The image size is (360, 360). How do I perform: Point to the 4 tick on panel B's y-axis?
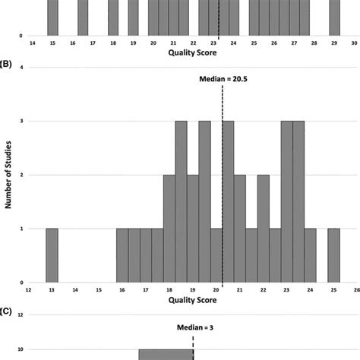tap(21, 68)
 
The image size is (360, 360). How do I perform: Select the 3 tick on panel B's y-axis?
tap(21, 122)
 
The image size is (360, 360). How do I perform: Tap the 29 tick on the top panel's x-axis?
tap(334, 43)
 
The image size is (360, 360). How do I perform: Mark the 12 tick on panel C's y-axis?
tap(21, 314)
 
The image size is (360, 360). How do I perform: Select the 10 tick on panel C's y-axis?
tap(21, 349)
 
